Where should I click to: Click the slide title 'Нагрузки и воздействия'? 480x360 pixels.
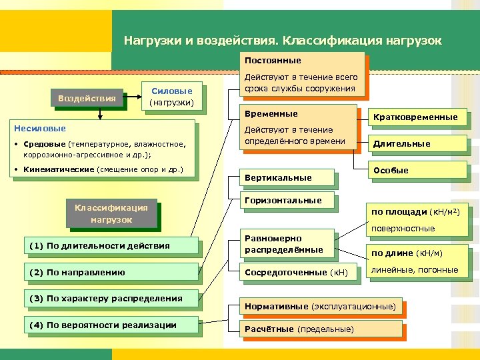[x=282, y=41]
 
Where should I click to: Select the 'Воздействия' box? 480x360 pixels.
[x=87, y=99]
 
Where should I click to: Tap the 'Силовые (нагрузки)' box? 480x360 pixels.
[x=172, y=97]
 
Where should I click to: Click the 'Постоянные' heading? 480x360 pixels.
[x=273, y=61]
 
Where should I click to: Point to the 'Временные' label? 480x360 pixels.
[x=272, y=114]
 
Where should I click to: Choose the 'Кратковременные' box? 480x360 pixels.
[x=415, y=117]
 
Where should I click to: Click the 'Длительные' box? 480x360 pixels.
[x=401, y=143]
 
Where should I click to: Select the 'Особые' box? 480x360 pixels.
[x=391, y=170]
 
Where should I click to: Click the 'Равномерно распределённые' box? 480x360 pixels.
[x=284, y=244]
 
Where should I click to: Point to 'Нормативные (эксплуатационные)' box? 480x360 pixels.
[x=321, y=307]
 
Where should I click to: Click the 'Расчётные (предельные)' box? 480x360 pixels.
[x=300, y=329]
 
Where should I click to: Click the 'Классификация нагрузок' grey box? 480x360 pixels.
[x=111, y=214]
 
